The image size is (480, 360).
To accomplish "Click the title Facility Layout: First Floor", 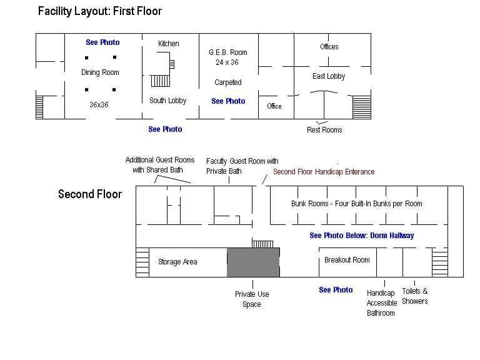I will point(100,11).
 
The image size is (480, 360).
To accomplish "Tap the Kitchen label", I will point(168,43).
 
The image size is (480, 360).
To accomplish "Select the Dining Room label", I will point(100,72).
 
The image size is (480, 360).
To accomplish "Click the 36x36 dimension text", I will point(99,104).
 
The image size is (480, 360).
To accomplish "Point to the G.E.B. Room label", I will point(227,52).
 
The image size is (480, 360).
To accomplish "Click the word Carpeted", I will point(227,82).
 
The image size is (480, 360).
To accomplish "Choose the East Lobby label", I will point(329,76).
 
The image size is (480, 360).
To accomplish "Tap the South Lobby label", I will point(167,101).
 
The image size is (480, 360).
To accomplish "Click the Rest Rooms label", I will point(324,130).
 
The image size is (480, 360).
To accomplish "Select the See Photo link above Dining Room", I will point(102,42).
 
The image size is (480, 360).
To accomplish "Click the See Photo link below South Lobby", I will point(165,129).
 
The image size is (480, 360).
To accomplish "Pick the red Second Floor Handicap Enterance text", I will point(324,171).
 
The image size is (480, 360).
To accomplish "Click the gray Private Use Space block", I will point(252,262).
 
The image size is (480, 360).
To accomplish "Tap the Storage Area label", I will point(177,262).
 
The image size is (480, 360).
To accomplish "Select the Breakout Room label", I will point(347,260).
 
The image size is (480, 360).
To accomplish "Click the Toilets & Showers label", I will point(415,296).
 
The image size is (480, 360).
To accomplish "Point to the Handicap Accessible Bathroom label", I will point(381,302).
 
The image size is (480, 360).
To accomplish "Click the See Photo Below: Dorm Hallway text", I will point(361,236).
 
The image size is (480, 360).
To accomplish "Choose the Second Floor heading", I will point(90,194).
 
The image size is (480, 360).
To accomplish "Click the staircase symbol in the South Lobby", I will point(160,80).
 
